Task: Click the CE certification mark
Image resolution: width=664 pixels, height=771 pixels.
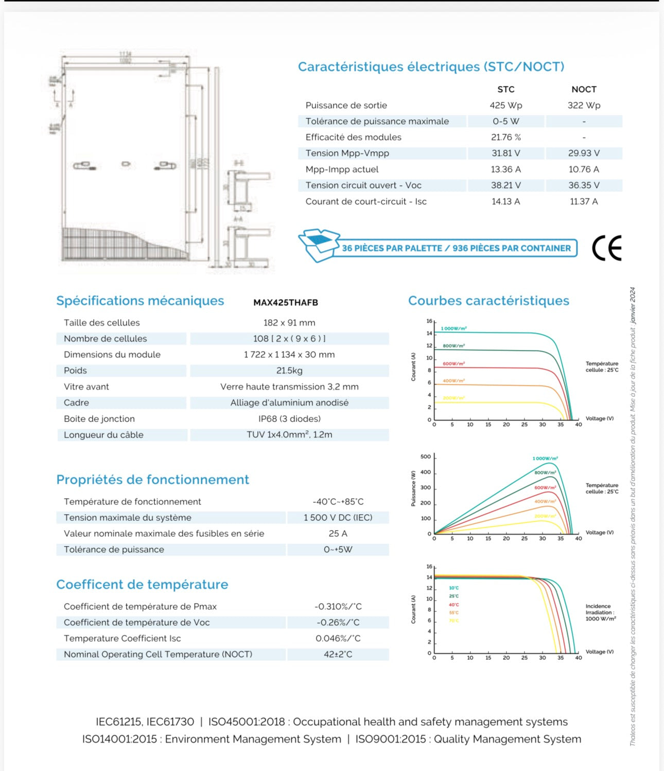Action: coord(606,248)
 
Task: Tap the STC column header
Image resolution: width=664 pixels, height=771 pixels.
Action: coord(505,90)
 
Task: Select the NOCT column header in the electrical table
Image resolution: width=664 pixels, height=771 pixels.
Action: coord(584,90)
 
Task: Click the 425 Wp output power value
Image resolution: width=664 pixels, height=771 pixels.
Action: coord(505,106)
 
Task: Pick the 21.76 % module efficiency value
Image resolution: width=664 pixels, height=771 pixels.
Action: coord(505,137)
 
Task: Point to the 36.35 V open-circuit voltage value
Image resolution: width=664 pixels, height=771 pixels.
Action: coord(584,185)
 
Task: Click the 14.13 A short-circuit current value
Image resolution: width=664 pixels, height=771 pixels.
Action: coord(505,202)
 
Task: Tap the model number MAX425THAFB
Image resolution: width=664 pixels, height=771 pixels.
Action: coord(286,303)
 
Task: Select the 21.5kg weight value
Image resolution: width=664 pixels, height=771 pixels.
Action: coord(289,371)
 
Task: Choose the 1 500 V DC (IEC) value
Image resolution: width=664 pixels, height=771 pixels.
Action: coord(338,518)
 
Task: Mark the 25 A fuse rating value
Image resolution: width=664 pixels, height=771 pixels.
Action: coord(338,534)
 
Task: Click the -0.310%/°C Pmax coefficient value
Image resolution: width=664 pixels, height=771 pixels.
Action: coord(338,607)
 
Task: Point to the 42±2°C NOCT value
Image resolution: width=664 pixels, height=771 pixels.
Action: coord(338,655)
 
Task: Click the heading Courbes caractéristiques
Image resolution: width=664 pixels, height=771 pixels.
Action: coord(488,301)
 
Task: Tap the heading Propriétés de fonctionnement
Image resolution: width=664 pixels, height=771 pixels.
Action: coord(152,480)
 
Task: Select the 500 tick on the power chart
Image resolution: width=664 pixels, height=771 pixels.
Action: coord(426,457)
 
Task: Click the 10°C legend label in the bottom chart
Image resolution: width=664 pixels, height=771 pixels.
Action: coord(453,588)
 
